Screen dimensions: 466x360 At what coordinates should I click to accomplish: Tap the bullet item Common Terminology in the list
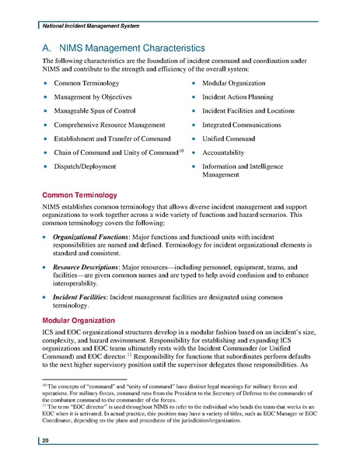pyautogui.click(x=86, y=82)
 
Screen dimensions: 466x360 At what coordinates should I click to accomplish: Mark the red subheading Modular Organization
pyautogui.click(x=78, y=320)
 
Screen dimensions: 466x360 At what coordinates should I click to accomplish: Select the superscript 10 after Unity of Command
pyautogui.click(x=180, y=149)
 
